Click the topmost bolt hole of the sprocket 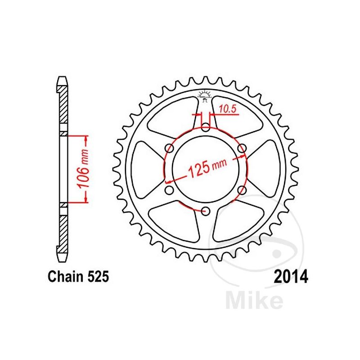point(206,127)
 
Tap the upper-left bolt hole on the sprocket point(170,148)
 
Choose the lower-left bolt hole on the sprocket point(170,190)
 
